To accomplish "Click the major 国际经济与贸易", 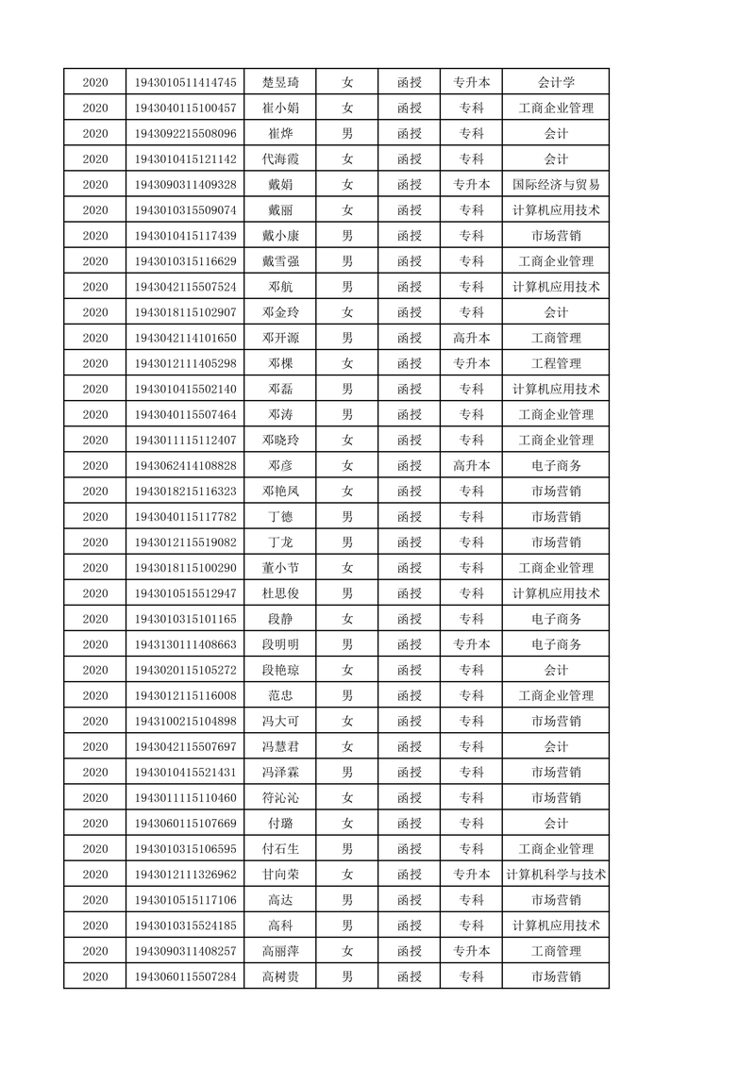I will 556,184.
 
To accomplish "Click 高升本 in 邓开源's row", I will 471,338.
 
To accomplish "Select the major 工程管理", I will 556,363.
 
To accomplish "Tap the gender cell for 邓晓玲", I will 347,440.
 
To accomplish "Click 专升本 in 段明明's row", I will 471,644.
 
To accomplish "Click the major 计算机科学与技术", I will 556,875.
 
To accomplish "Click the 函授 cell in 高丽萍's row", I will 410,951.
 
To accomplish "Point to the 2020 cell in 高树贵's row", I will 95,976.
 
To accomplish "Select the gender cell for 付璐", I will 347,823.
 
